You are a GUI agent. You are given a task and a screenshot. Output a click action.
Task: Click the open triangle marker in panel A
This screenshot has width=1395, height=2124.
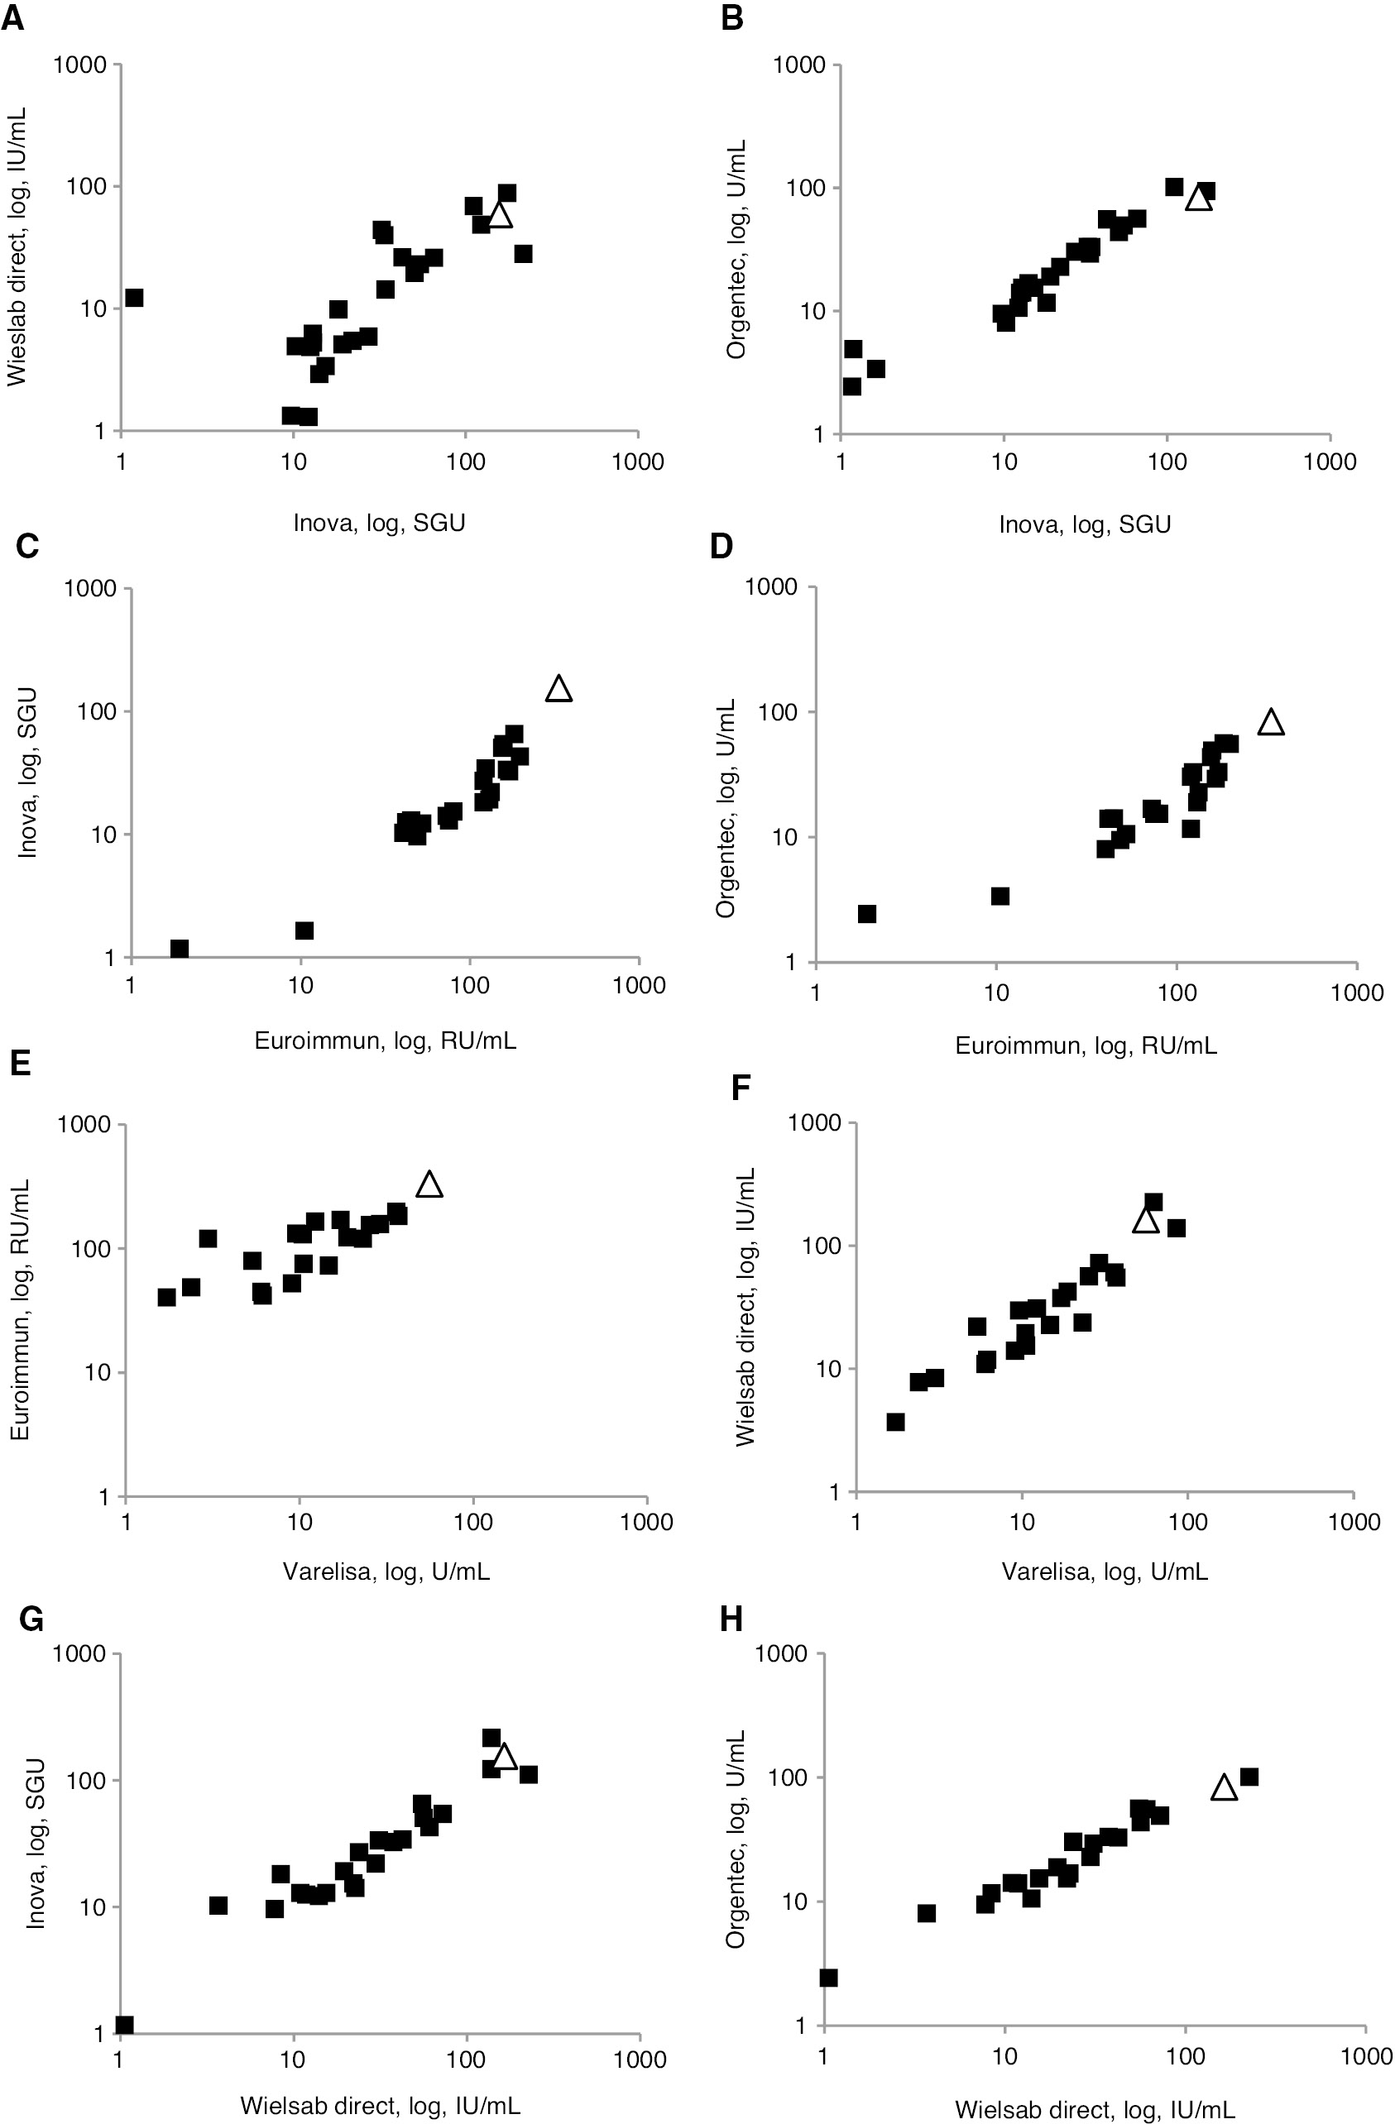pos(500,215)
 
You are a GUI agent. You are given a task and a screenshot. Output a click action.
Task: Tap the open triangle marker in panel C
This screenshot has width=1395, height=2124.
pos(558,689)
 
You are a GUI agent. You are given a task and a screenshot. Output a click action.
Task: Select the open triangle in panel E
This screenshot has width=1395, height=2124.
pos(429,1184)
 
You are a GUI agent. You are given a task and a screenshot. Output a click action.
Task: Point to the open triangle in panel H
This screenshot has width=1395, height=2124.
pos(1224,1787)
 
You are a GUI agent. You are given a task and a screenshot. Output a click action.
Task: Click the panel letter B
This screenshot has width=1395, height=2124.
pos(732,18)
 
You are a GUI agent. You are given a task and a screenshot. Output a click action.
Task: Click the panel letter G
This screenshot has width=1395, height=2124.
pos(31,1619)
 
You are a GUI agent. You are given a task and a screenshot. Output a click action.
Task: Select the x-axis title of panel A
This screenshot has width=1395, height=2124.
pos(379,522)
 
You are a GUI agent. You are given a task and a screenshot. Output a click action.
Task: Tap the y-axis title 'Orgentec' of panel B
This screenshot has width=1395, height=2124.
pos(736,249)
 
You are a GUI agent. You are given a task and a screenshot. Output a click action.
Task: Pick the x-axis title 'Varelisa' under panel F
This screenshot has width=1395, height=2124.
pos(1104,1571)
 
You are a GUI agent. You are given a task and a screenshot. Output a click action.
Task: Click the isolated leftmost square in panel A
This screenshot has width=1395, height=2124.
pos(134,297)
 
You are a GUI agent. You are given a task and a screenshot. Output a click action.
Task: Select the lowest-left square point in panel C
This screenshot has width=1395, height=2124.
pos(179,948)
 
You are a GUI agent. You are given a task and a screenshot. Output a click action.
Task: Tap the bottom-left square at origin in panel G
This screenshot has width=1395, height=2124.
pos(125,2024)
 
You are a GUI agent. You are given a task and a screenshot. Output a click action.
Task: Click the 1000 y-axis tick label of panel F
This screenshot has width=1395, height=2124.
pos(813,1122)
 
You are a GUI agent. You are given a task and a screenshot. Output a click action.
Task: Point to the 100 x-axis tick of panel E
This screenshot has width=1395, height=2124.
pos(472,1522)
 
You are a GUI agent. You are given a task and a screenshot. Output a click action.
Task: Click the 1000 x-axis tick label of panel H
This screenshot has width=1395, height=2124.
pos(1365,2056)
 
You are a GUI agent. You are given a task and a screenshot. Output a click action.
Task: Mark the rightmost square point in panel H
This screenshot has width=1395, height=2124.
pos(1249,1777)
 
